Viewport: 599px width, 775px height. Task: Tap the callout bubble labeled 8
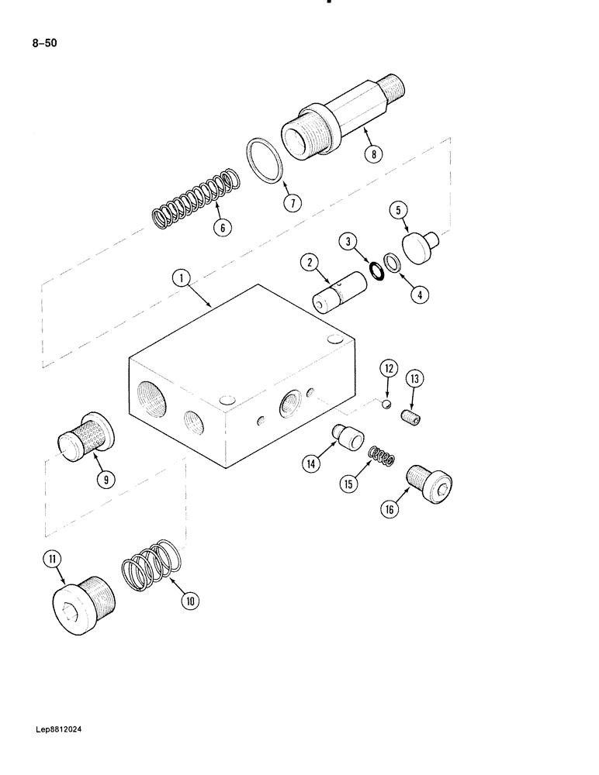pyautogui.click(x=373, y=154)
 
